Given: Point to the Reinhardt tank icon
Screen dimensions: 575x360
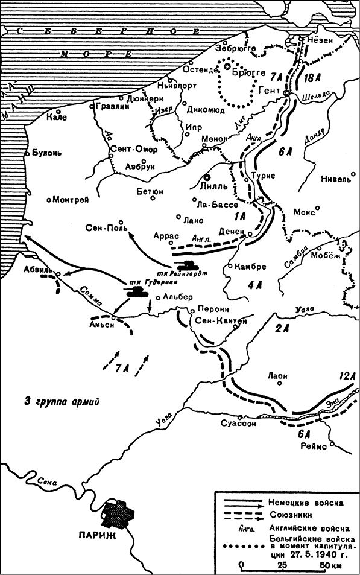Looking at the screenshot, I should click(187, 264).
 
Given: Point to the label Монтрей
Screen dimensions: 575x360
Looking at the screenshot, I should click(71, 199).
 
